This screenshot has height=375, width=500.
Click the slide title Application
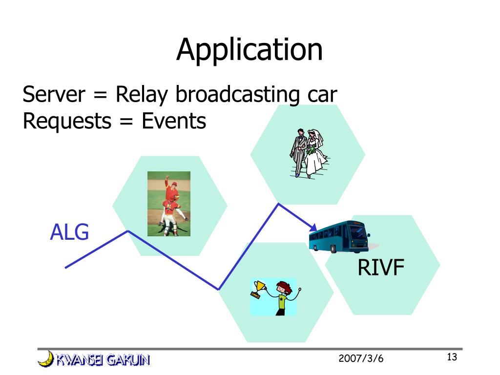[250, 50]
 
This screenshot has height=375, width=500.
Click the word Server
[54, 94]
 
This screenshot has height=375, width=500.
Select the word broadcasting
[238, 95]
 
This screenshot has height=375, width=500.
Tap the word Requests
[67, 122]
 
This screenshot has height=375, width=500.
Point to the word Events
[174, 121]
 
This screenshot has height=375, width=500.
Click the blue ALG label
[69, 232]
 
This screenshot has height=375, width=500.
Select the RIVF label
[381, 267]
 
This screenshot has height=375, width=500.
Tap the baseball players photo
[168, 204]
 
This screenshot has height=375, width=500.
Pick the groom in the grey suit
[298, 152]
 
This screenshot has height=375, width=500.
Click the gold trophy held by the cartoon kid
[258, 289]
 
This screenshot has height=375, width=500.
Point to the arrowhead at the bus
[313, 228]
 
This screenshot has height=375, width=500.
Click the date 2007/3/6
[361, 358]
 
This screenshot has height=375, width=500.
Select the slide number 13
[452, 357]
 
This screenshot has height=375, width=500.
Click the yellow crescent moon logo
[46, 359]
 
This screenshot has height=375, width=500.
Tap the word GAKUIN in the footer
[128, 360]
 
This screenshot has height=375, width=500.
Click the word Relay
[142, 95]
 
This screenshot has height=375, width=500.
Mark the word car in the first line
[322, 96]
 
